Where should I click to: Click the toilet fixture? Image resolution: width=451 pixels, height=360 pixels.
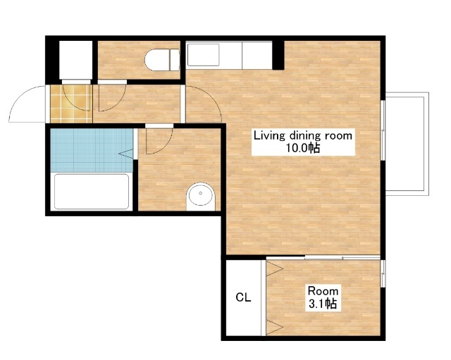[162, 60]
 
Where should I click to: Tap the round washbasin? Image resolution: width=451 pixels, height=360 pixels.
[200, 196]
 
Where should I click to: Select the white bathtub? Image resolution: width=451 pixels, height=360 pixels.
[92, 191]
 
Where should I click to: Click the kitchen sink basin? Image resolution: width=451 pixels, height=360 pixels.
[203, 55]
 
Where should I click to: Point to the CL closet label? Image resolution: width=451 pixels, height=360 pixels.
[243, 297]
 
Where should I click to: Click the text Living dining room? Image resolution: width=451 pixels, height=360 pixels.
[302, 135]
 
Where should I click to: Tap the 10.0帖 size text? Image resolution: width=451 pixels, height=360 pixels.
[302, 148]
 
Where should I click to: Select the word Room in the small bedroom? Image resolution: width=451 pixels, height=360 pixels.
[323, 291]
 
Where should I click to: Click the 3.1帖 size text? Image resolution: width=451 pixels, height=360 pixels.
[323, 304]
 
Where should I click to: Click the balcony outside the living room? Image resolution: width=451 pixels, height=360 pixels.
[407, 144]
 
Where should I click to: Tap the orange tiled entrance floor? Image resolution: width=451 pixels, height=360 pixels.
[71, 104]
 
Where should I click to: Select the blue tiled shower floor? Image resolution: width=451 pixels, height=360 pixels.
[92, 150]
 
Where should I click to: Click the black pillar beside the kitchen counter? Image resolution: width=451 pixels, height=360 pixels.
[278, 55]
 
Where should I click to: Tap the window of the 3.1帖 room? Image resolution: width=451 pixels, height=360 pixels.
[383, 273]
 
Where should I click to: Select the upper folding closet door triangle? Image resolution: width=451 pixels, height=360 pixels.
[275, 269]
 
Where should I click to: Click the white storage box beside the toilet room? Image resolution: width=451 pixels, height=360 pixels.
[75, 60]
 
